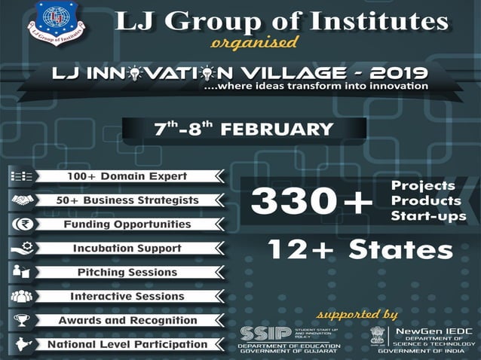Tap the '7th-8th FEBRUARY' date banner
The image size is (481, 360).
[244, 127]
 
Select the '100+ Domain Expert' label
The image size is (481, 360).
[126, 176]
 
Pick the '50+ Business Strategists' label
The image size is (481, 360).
[127, 200]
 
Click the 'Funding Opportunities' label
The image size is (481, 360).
[127, 224]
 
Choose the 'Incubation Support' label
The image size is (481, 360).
[127, 248]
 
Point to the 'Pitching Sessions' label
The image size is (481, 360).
[127, 272]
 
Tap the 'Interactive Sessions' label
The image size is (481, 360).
[127, 296]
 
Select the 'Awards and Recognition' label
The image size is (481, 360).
[127, 320]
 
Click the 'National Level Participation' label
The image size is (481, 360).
[127, 344]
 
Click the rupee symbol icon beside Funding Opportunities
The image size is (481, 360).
[20, 224]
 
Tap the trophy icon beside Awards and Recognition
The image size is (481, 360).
[20, 320]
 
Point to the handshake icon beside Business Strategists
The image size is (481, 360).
[20, 200]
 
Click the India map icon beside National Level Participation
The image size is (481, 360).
[20, 344]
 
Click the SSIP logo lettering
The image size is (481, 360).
[260, 332]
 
